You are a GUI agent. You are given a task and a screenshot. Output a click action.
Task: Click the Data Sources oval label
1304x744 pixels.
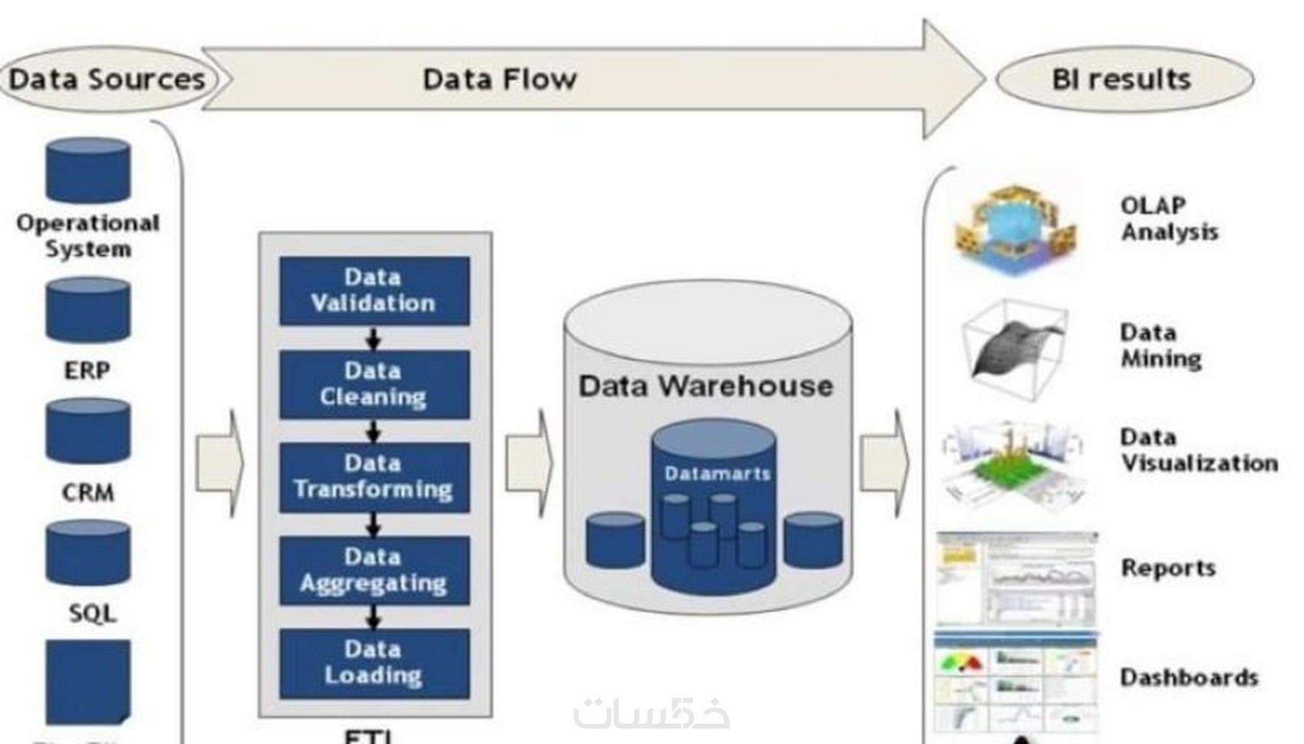107,79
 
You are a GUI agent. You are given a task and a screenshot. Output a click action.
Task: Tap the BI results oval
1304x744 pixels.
1123,79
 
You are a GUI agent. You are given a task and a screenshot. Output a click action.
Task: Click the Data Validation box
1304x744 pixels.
374,291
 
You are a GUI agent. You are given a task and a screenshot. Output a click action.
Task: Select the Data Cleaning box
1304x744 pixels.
374,384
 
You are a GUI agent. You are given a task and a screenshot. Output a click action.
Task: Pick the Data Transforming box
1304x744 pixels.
374,477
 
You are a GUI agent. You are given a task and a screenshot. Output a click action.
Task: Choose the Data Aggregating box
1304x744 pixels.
374,571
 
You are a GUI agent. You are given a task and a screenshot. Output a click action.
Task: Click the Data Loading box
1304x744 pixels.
374,663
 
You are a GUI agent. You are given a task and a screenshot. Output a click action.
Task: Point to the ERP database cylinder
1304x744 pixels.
87,310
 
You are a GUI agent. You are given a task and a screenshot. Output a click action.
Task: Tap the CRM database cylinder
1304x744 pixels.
87,431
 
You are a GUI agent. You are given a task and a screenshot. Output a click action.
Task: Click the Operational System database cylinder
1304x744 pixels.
87,170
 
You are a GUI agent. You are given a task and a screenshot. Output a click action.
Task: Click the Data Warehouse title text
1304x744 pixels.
706,386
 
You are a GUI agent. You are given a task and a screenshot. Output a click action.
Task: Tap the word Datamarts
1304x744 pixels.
717,474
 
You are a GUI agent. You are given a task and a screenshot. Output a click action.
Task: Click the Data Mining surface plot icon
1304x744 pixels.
1014,349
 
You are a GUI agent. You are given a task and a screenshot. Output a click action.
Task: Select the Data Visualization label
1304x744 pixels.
1199,450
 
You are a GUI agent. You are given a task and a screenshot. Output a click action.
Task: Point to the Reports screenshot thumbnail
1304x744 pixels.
1016,577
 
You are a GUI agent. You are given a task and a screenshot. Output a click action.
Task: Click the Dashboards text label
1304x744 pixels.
1189,678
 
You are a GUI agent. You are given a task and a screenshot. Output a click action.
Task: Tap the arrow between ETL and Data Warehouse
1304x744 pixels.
529,463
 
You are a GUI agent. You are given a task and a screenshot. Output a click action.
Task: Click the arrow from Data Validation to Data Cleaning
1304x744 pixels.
374,338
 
